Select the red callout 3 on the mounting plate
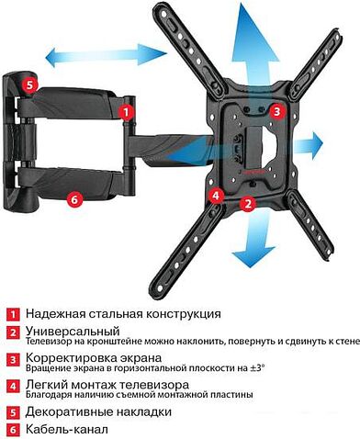coord(277,111)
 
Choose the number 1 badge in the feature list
coord(12,314)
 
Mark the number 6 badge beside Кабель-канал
coord(12,429)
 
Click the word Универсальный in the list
coord(73,331)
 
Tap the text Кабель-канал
coord(67,429)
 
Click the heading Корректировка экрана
coord(95,357)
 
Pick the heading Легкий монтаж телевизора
coord(107,384)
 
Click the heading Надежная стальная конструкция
coord(123,314)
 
